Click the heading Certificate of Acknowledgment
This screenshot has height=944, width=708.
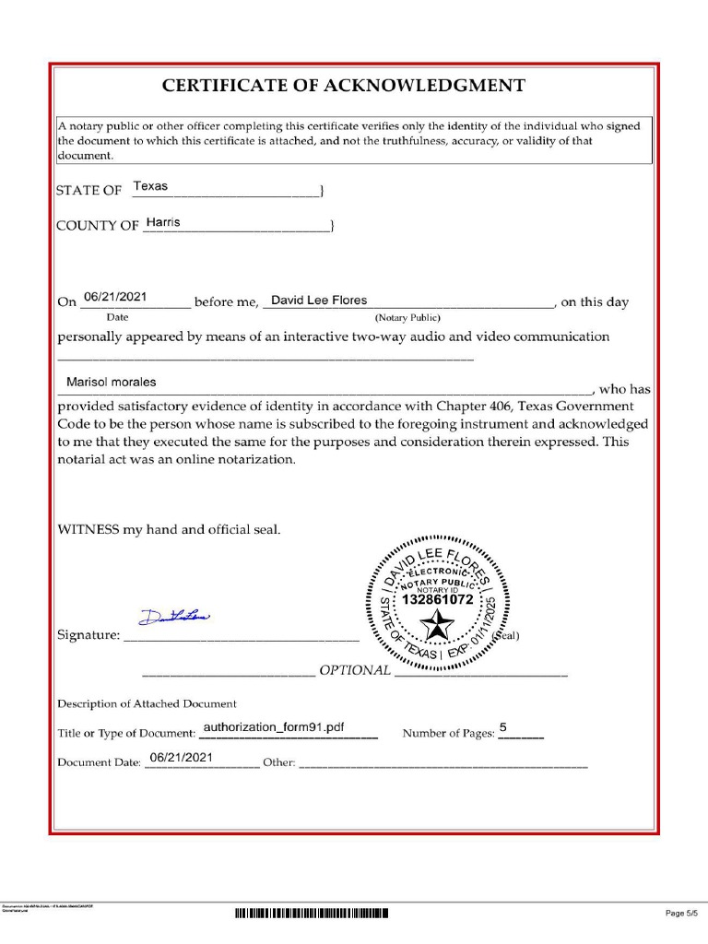point(344,86)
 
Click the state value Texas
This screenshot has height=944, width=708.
point(150,186)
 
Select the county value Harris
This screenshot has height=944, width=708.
point(163,222)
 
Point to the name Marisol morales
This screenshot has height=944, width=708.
point(111,382)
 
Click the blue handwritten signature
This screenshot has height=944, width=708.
point(175,615)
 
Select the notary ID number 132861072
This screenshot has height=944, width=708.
point(438,600)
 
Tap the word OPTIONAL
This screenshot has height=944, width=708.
point(355,670)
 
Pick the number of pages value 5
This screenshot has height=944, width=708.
point(503,726)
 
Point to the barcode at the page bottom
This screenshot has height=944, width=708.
point(312,914)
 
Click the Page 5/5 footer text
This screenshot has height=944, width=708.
point(682,914)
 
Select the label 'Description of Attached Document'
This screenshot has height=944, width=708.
point(147,703)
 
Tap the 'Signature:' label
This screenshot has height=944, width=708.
point(88,635)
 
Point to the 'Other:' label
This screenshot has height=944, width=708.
point(278,762)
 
